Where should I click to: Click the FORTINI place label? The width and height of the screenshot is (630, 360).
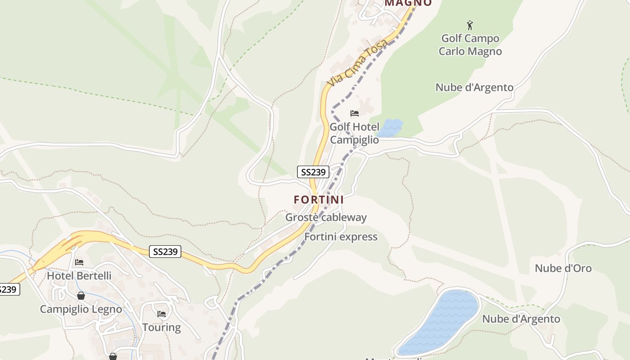(319, 199)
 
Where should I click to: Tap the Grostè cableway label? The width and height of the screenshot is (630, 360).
(326, 217)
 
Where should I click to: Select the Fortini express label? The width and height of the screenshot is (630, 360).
(341, 237)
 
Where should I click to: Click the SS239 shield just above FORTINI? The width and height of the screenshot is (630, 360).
(313, 172)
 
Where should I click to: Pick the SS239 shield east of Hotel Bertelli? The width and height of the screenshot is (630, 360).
(165, 252)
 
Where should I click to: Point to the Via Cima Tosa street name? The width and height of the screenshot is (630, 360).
(357, 63)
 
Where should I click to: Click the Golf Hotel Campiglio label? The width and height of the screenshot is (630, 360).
(355, 133)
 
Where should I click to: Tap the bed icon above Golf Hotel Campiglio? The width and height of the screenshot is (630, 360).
(355, 113)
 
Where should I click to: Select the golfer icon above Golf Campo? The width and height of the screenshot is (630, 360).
(470, 25)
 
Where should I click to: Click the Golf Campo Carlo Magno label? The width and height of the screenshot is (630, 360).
(470, 45)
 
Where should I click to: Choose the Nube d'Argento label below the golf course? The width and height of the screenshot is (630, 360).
(474, 87)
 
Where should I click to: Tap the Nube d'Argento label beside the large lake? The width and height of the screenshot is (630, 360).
(521, 319)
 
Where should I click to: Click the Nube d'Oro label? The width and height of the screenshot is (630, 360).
(563, 268)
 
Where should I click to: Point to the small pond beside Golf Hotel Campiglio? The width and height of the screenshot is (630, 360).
(390, 128)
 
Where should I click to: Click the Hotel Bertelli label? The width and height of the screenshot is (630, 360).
(79, 275)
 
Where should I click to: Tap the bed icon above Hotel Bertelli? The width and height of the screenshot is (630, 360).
(79, 262)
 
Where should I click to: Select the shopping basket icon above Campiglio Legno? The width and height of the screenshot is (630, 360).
(81, 296)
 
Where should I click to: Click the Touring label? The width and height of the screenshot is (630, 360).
(162, 327)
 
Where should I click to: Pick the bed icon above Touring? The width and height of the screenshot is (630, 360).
(162, 314)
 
